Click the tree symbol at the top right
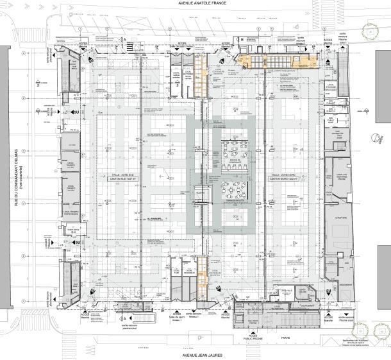(370, 31)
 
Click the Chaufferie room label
(337, 217)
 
